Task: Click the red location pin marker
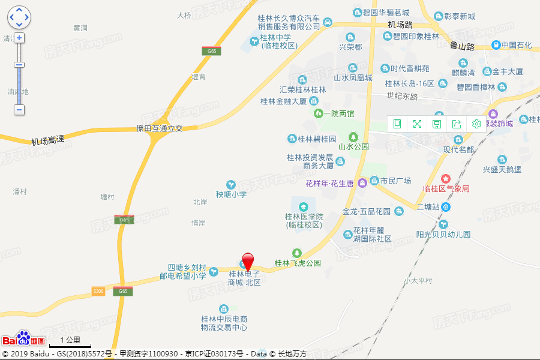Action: tap(247, 262)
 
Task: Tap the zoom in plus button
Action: tap(19, 38)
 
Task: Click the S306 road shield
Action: tap(98, 291)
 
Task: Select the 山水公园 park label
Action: tap(353, 146)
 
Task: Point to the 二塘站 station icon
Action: tap(446, 207)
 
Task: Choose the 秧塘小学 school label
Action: tap(231, 194)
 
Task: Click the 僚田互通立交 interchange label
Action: tap(159, 128)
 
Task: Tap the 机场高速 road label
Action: tap(48, 140)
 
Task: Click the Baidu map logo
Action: tap(24, 339)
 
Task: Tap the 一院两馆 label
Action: tap(338, 113)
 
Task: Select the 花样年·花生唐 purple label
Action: tap(331, 182)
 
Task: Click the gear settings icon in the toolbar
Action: tap(476, 124)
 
